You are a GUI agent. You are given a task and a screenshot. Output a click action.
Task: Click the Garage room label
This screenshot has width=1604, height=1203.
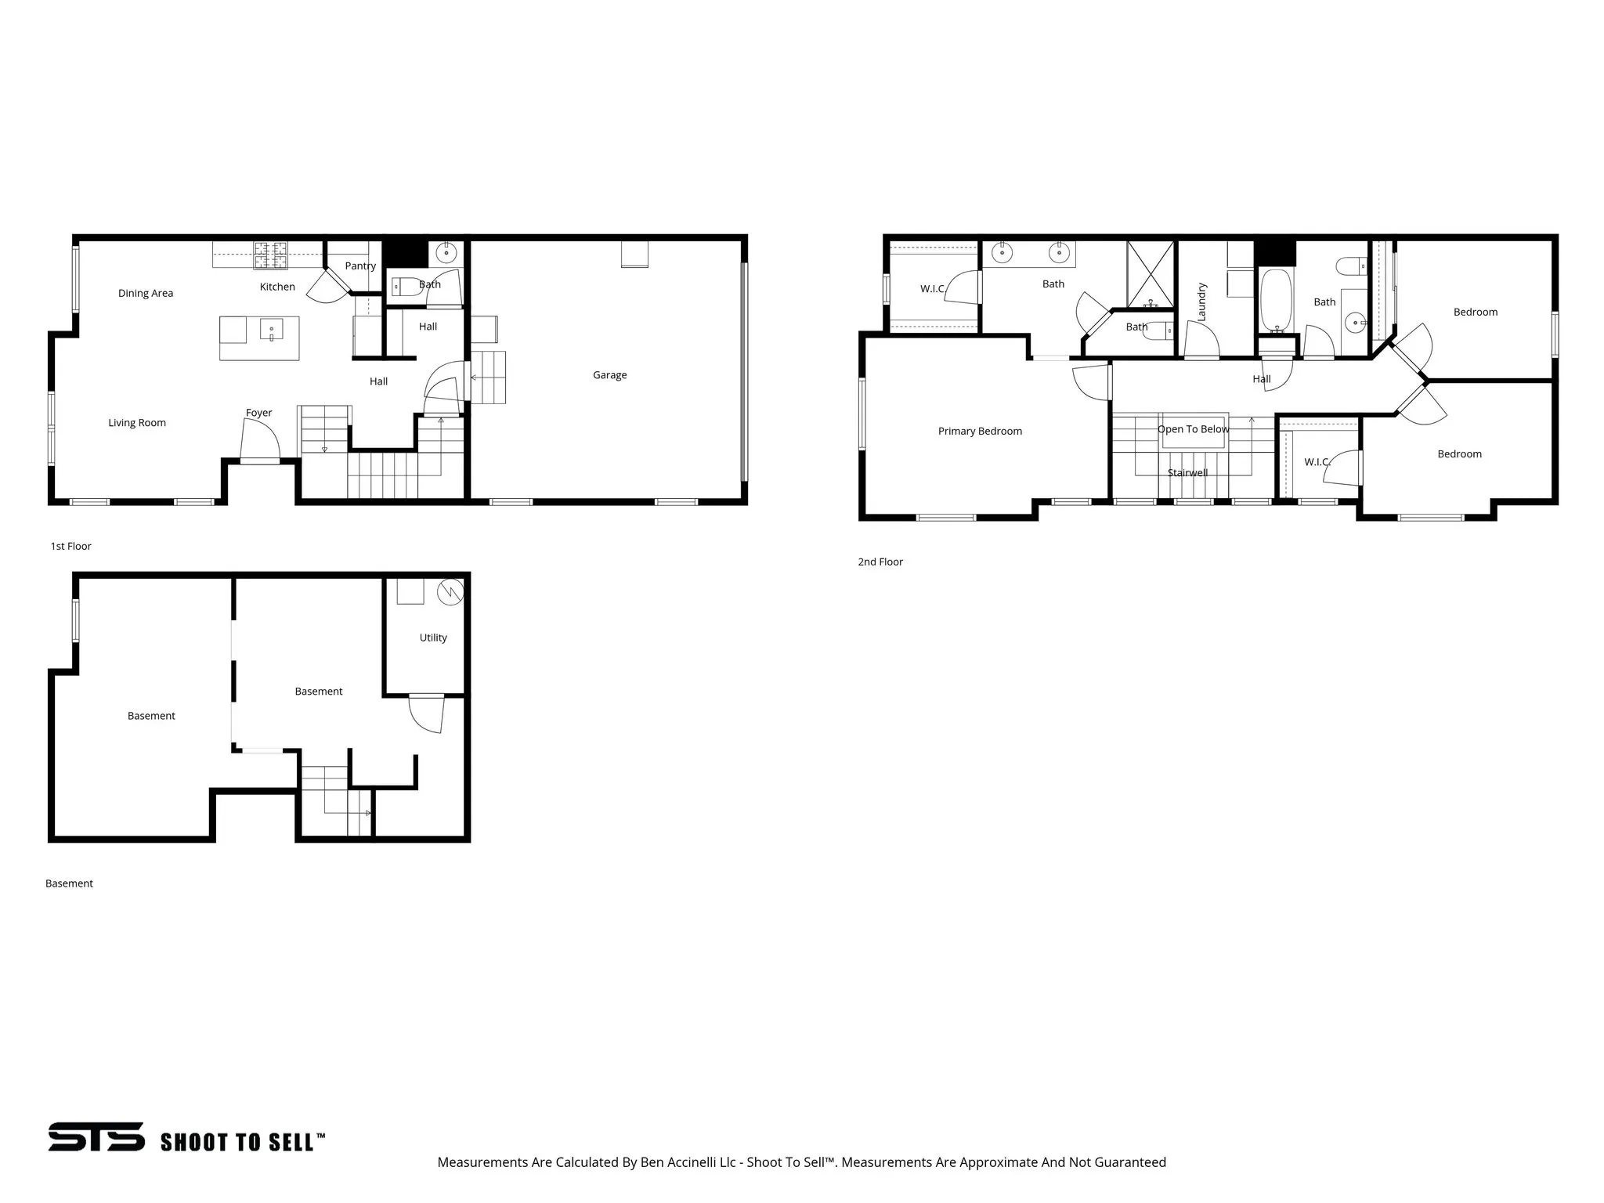click(609, 375)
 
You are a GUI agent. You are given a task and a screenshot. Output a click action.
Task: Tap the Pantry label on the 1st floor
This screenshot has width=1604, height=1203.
click(360, 266)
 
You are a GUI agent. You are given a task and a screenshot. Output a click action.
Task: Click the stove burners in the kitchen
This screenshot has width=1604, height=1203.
click(270, 255)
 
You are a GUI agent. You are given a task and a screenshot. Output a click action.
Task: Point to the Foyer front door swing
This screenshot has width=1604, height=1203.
click(262, 441)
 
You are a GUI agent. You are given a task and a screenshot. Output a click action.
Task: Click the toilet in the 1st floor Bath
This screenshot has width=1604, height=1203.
click(403, 287)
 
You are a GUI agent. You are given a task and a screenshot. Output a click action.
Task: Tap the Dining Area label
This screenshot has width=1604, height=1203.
click(146, 294)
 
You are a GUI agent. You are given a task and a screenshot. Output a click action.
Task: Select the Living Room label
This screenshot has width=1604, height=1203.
click(137, 423)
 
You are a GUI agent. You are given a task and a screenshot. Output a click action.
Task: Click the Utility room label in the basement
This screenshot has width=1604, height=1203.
click(433, 638)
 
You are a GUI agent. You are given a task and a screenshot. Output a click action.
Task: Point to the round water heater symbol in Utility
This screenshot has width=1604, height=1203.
click(450, 592)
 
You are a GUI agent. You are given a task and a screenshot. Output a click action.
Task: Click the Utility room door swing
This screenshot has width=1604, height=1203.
click(428, 714)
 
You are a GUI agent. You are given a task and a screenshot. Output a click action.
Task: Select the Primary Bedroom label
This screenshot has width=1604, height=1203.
click(980, 432)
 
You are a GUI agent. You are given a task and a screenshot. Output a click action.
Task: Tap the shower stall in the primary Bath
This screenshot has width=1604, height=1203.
click(1151, 274)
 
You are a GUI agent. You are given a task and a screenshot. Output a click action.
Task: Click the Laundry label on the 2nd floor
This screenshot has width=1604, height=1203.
click(1202, 302)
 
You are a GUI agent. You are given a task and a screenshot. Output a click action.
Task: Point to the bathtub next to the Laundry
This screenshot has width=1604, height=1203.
click(1276, 302)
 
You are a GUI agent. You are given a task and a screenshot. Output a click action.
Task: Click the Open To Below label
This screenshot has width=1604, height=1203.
click(1193, 429)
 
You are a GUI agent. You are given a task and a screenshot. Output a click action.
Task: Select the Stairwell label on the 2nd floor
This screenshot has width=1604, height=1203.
click(1187, 473)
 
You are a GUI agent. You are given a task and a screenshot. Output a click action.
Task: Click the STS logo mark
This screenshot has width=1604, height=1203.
click(96, 1136)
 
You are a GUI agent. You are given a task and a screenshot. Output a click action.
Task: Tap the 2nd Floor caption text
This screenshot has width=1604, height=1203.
click(880, 562)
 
